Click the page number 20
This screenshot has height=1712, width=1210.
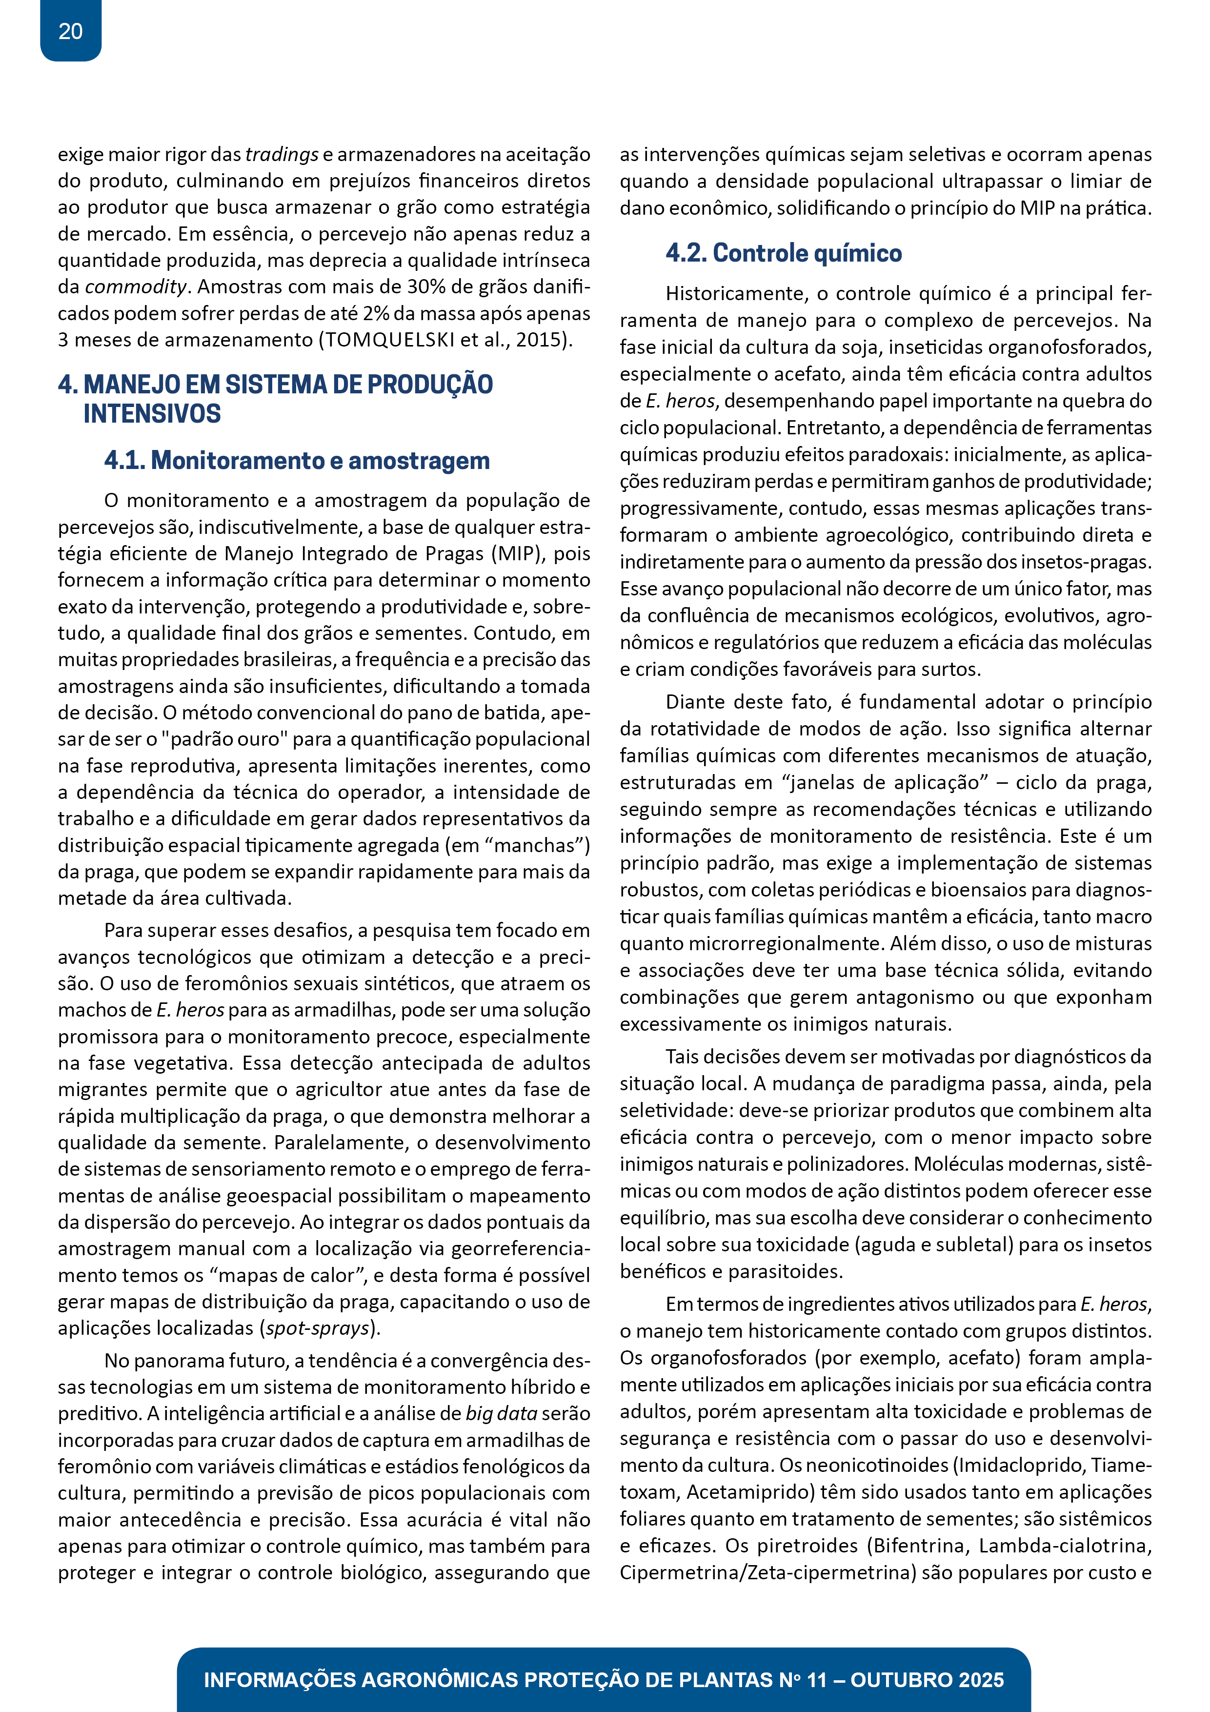tap(70, 31)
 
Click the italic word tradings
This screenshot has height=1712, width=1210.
tap(282, 154)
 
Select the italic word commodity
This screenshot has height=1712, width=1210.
tap(136, 287)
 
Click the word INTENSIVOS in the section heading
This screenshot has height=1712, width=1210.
tap(152, 414)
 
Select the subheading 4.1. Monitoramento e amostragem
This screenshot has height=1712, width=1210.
tap(297, 461)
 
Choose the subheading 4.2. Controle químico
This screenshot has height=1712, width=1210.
tap(784, 253)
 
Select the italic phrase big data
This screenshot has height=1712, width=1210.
tap(501, 1414)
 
